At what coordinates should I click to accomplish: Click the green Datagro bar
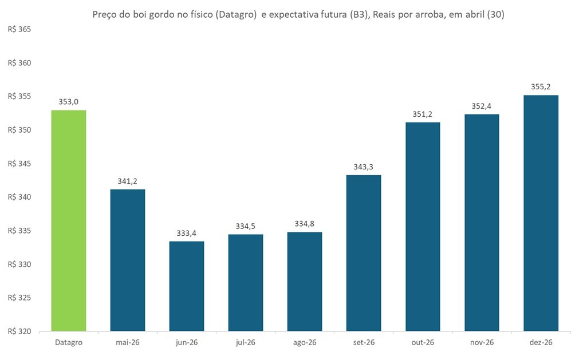click(x=69, y=220)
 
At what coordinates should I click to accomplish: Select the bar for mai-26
click(x=128, y=260)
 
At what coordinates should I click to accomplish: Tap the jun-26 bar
click(x=187, y=286)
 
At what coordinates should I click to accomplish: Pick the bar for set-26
click(x=364, y=253)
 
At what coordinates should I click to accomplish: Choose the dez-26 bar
click(x=541, y=213)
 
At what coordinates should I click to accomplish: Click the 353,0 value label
click(x=69, y=102)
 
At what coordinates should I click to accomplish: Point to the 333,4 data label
click(x=187, y=233)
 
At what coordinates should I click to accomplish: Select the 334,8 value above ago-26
click(x=305, y=224)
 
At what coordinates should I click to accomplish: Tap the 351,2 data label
click(x=423, y=114)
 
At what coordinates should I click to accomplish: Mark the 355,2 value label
click(x=541, y=86)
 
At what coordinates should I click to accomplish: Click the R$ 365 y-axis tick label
click(x=19, y=30)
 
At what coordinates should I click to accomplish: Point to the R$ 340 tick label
click(x=19, y=197)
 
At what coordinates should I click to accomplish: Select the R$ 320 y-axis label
click(x=19, y=331)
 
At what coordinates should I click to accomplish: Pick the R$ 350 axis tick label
click(x=19, y=130)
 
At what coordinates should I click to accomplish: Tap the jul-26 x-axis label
click(x=246, y=342)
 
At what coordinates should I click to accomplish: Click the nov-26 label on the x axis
click(x=482, y=342)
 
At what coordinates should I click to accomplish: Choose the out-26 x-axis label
click(x=423, y=342)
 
